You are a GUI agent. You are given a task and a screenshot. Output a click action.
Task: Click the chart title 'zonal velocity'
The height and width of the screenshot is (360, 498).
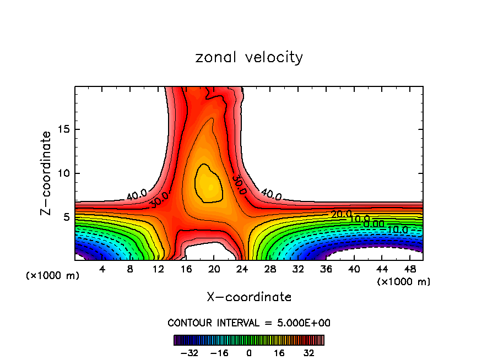pos(249,57)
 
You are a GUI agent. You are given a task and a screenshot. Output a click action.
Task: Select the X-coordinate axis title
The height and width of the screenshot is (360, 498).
pos(249,297)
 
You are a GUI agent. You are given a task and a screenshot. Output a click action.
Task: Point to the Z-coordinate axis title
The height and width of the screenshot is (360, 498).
pos(46,173)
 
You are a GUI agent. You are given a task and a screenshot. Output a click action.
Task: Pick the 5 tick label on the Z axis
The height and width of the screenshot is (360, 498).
pos(66,217)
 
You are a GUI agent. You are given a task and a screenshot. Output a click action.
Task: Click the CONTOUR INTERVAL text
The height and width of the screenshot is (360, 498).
pos(249,323)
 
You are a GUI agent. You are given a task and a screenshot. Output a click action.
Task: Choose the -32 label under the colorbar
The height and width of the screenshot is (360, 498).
pos(190,353)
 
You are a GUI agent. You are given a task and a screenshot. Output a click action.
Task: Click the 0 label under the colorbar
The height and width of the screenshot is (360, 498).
pos(249,353)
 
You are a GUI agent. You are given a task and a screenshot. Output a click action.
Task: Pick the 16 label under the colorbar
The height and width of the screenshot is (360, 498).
pos(279,353)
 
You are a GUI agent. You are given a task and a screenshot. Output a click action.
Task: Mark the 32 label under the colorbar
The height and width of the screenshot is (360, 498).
pos(308,353)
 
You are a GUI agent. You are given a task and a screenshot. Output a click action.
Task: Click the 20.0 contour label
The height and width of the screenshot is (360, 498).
pos(341,214)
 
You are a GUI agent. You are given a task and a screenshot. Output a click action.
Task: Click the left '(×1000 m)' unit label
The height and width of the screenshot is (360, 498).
pos(53,276)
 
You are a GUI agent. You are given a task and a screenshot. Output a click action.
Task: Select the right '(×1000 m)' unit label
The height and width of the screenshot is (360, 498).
pos(404,282)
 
